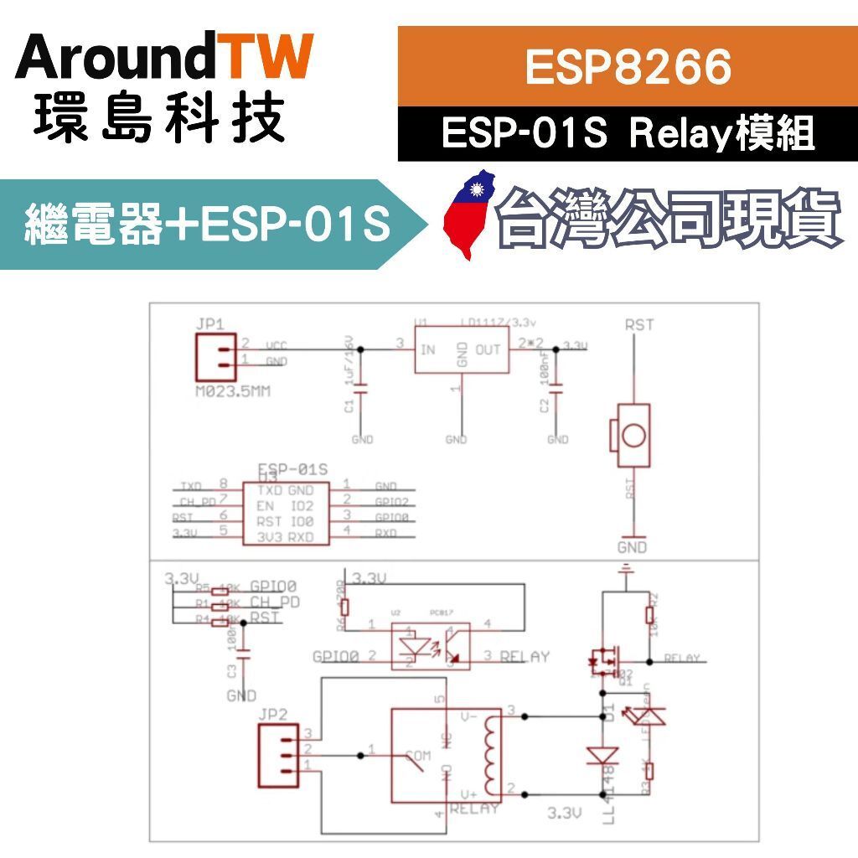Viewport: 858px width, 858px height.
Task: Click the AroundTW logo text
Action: coord(163,59)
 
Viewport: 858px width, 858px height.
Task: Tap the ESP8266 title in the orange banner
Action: coord(628,67)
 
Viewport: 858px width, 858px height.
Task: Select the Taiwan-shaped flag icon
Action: coord(469,216)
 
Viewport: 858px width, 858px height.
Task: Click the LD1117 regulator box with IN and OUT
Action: coord(462,350)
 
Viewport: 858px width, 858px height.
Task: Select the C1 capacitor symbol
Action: coord(362,389)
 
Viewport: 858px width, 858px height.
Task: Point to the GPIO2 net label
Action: coord(392,502)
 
